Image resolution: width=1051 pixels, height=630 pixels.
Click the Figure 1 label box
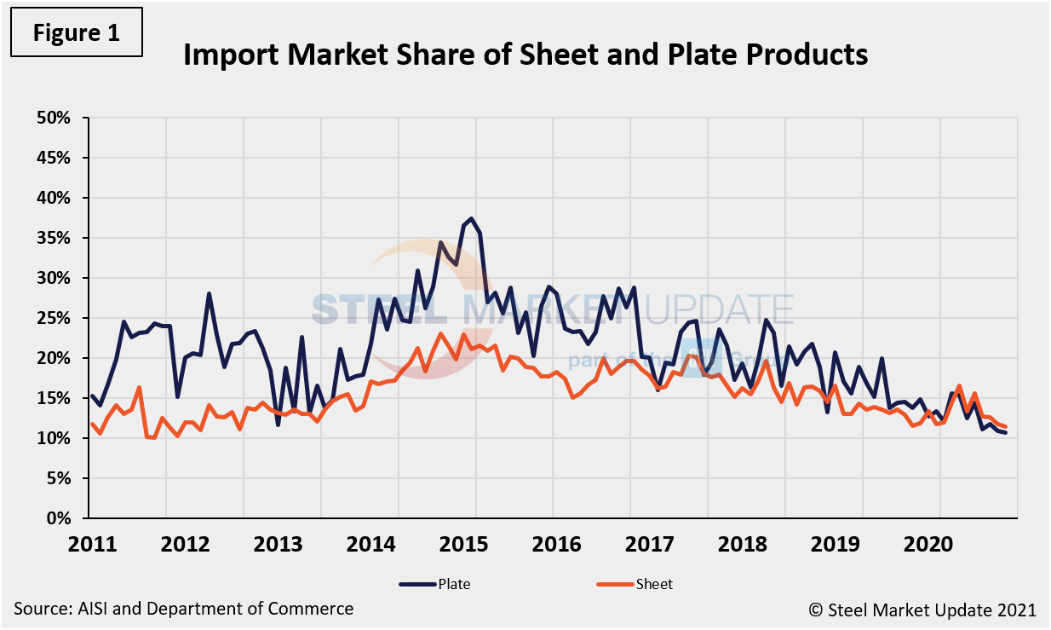[77, 33]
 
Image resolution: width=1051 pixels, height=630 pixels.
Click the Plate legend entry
[434, 584]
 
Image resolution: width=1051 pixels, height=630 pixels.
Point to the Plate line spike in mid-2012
[209, 294]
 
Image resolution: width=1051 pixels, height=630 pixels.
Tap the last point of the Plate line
[1005, 433]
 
